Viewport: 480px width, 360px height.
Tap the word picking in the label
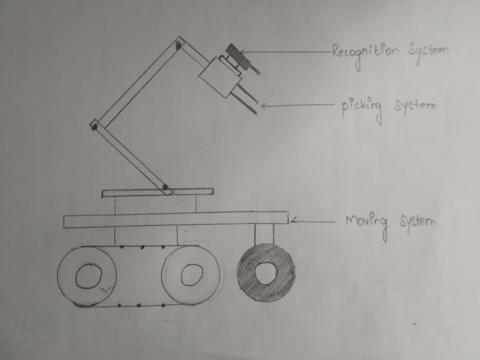[x=362, y=107]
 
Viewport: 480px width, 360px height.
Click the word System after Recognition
[x=428, y=52]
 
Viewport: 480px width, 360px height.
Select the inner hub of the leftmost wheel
[x=88, y=275]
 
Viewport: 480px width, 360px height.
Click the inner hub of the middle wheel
[x=191, y=274]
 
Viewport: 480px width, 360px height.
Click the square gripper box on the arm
[x=218, y=76]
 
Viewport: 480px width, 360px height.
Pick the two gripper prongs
[x=247, y=99]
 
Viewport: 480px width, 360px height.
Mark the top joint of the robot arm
[x=179, y=43]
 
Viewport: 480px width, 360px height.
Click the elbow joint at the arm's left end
[x=94, y=125]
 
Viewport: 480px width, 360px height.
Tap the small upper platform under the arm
[x=157, y=193]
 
